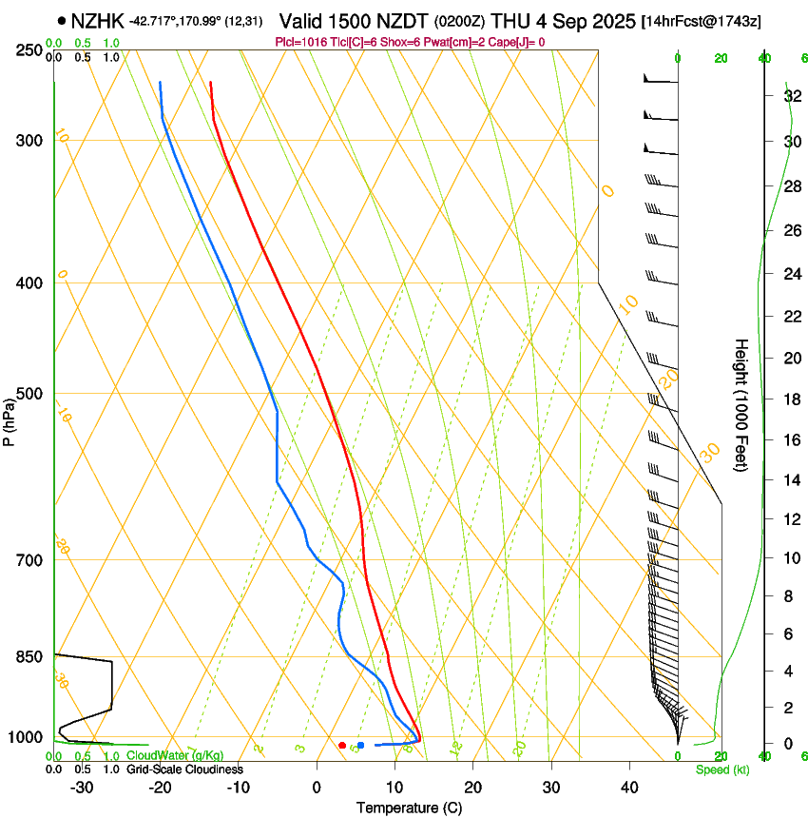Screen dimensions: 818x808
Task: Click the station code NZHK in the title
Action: [x=99, y=21]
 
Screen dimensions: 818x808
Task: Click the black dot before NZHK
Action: [x=62, y=21]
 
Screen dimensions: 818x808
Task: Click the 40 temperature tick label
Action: [x=628, y=787]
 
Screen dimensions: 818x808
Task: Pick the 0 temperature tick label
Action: [x=317, y=787]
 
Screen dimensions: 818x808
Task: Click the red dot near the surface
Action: [x=342, y=745]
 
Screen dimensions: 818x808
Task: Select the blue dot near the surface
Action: [x=360, y=745]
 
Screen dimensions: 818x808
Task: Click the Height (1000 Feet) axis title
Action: [x=741, y=404]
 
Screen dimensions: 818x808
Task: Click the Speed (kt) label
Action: [x=721, y=769]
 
